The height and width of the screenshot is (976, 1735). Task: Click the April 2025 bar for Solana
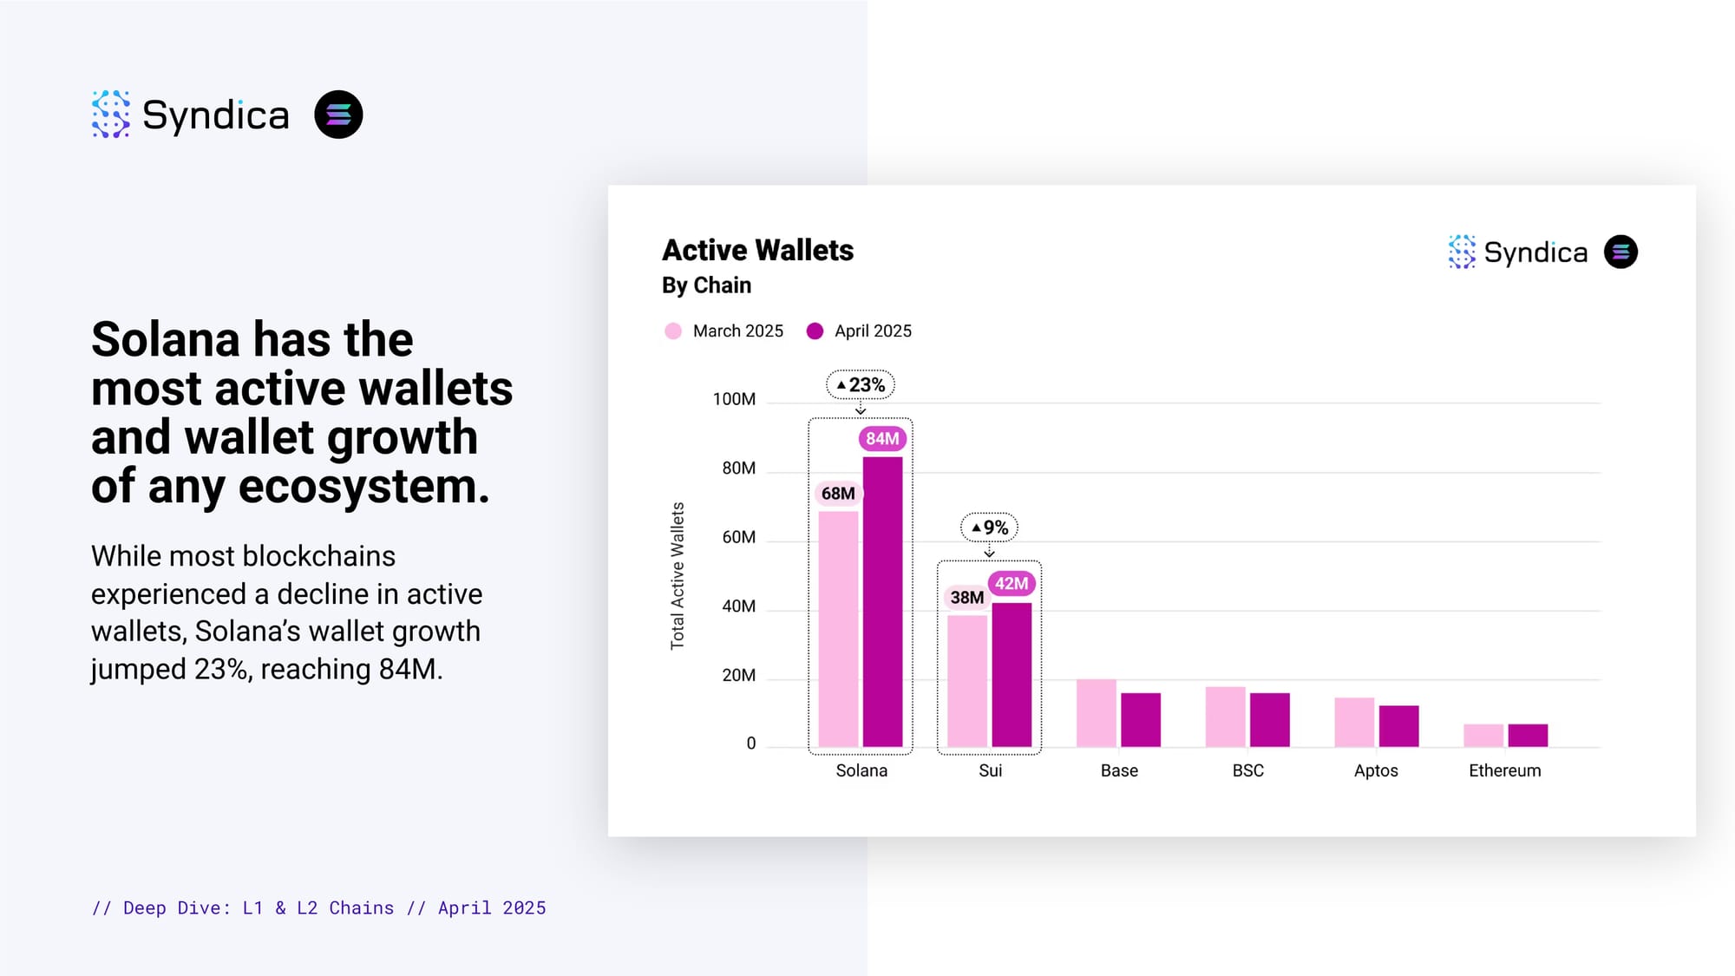click(x=882, y=601)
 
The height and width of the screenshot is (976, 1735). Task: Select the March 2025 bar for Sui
click(x=967, y=681)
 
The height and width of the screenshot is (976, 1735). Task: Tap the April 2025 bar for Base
click(x=1141, y=720)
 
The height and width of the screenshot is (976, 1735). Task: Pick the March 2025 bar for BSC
click(x=1225, y=717)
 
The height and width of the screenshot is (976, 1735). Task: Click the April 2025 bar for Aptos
click(x=1398, y=726)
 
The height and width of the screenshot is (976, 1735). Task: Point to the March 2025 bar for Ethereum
click(x=1483, y=736)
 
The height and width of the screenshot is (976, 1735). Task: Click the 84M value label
click(x=882, y=439)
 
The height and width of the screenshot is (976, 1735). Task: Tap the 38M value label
click(x=966, y=598)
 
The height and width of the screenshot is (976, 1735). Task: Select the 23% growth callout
click(x=861, y=384)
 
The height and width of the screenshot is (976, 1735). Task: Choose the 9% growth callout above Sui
click(x=989, y=527)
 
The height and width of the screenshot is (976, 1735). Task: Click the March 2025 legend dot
click(x=673, y=331)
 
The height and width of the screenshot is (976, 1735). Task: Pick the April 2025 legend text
click(x=873, y=331)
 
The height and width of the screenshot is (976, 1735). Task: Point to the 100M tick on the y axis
click(x=734, y=399)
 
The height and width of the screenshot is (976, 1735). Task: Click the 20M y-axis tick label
click(x=738, y=675)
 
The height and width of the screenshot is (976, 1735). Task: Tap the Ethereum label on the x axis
click(x=1504, y=770)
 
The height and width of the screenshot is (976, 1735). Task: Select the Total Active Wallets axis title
click(x=678, y=576)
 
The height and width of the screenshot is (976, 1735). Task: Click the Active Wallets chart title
click(x=757, y=251)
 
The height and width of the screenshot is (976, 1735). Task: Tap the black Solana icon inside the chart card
click(x=1620, y=252)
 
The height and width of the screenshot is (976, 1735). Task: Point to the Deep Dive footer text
click(x=318, y=908)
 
